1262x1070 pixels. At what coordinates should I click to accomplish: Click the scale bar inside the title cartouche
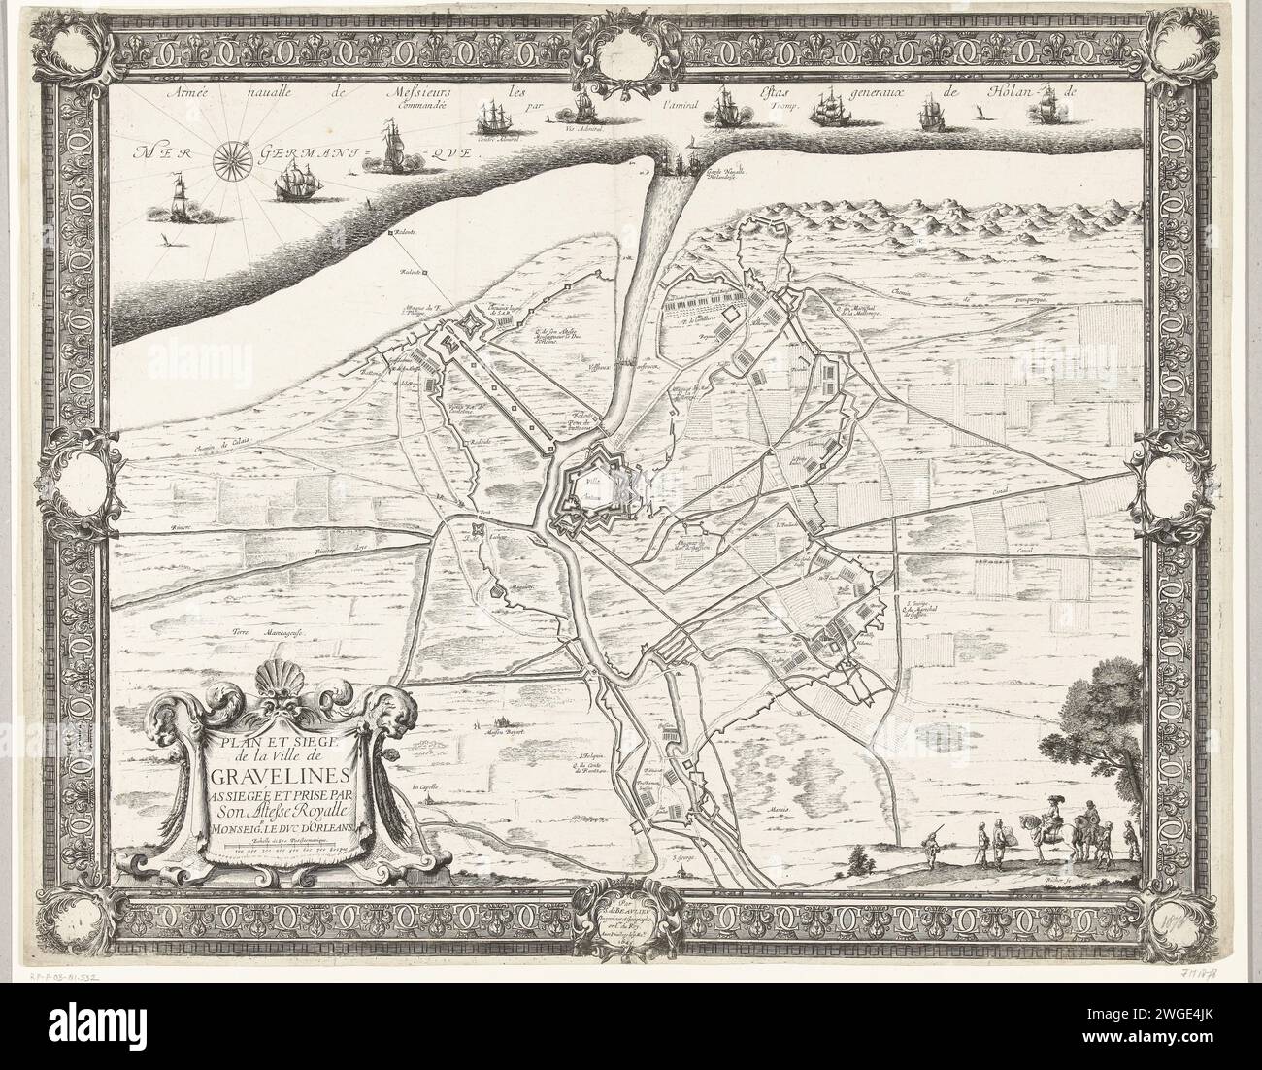(282, 849)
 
